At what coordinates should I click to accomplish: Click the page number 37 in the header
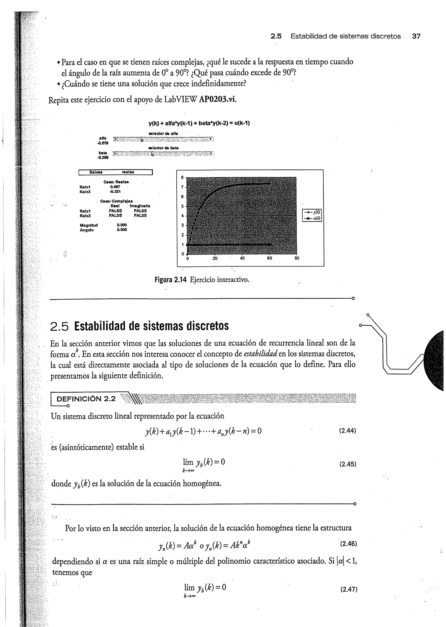(x=416, y=36)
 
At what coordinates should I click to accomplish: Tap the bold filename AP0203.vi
(x=217, y=99)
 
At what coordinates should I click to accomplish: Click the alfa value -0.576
(x=103, y=143)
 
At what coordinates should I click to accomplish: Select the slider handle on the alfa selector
(x=142, y=140)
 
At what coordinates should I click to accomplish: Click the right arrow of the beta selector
(x=211, y=154)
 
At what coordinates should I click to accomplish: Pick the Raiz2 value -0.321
(x=115, y=191)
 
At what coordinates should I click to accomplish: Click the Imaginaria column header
(x=140, y=206)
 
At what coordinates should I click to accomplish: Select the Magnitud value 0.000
(x=122, y=225)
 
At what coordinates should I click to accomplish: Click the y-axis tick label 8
(x=182, y=177)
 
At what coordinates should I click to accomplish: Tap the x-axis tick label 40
(x=242, y=258)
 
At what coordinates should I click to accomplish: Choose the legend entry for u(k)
(x=312, y=218)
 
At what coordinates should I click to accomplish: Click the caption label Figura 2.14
(x=171, y=280)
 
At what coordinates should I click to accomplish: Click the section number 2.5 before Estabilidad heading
(x=59, y=326)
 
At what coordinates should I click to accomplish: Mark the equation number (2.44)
(x=347, y=431)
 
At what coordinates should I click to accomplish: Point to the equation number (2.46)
(x=348, y=544)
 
